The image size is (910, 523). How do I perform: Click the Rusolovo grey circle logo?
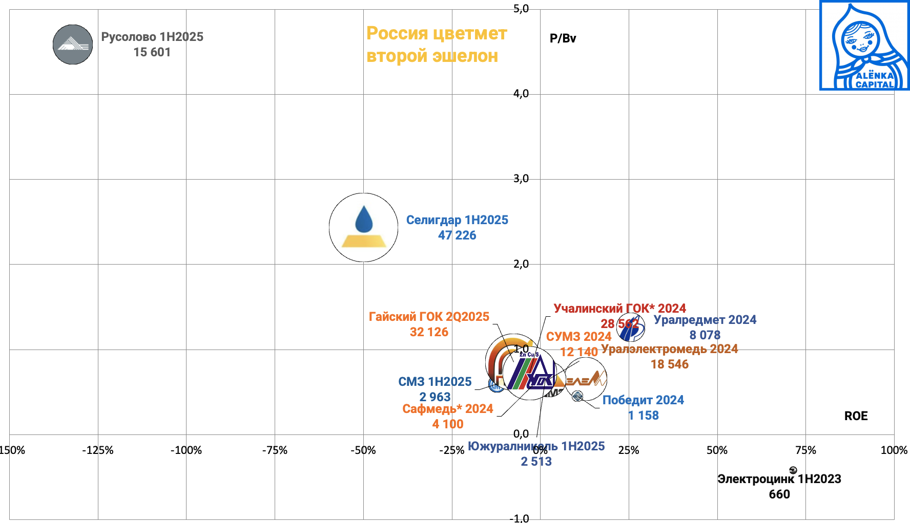[73, 45]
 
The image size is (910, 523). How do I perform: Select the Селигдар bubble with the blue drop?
[363, 227]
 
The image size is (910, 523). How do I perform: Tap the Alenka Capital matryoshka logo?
[864, 46]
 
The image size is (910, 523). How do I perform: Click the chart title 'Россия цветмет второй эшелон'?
[436, 45]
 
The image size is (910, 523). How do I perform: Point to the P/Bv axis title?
[563, 38]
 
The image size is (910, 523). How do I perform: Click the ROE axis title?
[856, 416]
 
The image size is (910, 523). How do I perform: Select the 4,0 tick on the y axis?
[521, 94]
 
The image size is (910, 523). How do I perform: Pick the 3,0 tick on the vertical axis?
[521, 179]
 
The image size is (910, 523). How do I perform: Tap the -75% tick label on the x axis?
[275, 450]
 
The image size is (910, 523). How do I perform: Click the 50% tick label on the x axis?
[717, 450]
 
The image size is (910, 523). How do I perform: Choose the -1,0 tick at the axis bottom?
[520, 518]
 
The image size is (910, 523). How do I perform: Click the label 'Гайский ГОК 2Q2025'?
[429, 317]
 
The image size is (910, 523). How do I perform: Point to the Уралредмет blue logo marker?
[631, 328]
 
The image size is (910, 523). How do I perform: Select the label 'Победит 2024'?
[643, 400]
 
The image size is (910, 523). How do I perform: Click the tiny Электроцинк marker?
[793, 470]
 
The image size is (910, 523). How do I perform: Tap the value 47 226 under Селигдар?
[457, 235]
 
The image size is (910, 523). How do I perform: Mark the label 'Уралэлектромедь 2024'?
[669, 349]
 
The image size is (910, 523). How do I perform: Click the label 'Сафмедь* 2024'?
[447, 409]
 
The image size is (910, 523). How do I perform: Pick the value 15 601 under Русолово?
[152, 52]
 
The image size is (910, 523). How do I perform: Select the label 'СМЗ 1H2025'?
[435, 382]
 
